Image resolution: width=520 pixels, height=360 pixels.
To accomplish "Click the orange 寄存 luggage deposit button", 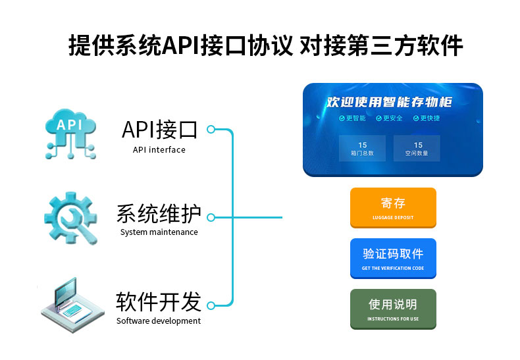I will pyautogui.click(x=392, y=207).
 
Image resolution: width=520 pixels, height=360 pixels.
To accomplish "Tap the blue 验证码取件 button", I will pyautogui.click(x=392, y=257).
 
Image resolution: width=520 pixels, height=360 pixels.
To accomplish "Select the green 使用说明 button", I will pyautogui.click(x=392, y=308).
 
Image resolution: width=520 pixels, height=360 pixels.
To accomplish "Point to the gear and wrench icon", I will pyautogui.click(x=70, y=217).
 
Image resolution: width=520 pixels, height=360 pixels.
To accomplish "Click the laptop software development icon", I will pyautogui.click(x=71, y=303).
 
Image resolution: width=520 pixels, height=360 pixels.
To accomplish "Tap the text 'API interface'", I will pyautogui.click(x=159, y=150).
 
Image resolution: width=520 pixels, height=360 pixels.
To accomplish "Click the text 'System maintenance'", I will pyautogui.click(x=159, y=232).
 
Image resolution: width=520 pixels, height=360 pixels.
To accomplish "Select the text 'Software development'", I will pyautogui.click(x=159, y=321).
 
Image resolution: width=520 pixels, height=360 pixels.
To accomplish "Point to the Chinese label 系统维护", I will pyautogui.click(x=159, y=215).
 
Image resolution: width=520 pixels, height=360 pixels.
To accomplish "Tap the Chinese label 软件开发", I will pyautogui.click(x=159, y=302).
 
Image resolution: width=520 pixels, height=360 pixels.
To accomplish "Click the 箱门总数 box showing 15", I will pyautogui.click(x=362, y=149).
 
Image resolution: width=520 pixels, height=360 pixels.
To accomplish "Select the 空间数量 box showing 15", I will pyautogui.click(x=417, y=149).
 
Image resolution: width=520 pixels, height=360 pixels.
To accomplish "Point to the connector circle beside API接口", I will pyautogui.click(x=211, y=130).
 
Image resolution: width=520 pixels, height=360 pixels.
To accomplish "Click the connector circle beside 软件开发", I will pyautogui.click(x=211, y=305).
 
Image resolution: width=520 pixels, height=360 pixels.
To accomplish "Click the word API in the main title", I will pyautogui.click(x=180, y=45).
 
